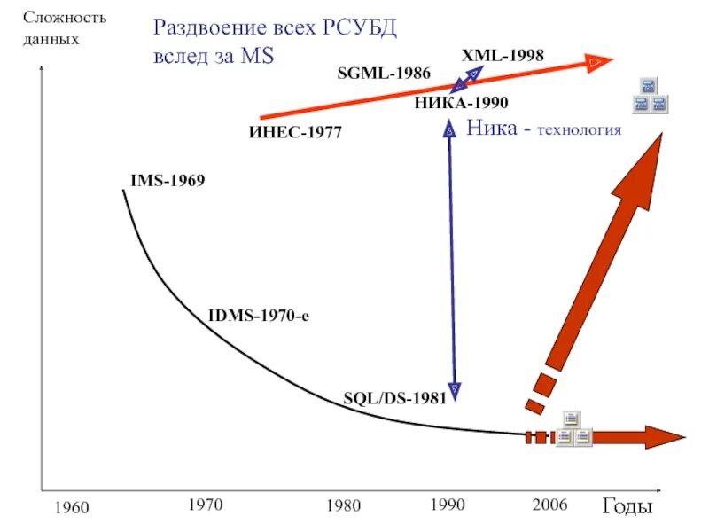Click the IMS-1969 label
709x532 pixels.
click(x=168, y=181)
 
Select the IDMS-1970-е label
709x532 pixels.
click(x=258, y=315)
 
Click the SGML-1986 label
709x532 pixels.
click(x=384, y=73)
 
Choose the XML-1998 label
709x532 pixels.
click(x=503, y=55)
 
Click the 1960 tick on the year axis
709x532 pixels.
click(x=72, y=508)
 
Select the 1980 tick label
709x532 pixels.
click(x=343, y=506)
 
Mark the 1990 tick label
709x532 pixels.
click(x=448, y=505)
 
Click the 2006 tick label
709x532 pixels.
click(x=549, y=505)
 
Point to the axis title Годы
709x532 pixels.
click(x=627, y=507)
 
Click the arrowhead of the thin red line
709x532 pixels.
click(x=599, y=61)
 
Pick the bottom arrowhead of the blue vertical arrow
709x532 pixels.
click(x=454, y=389)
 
